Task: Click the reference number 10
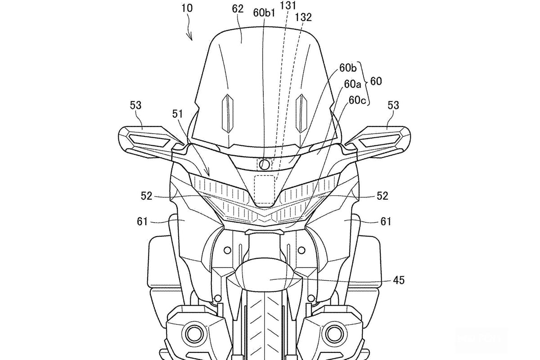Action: pos(187,9)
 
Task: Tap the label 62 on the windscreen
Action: pos(238,9)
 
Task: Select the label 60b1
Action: pos(264,13)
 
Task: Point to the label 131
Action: pos(288,5)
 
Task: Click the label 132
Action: pos(303,17)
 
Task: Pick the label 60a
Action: pos(352,84)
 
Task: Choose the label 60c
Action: pos(357,100)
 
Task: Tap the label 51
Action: pos(177,114)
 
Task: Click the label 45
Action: pos(399,280)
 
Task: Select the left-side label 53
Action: pos(136,105)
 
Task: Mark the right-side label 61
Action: pos(386,221)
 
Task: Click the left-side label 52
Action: pos(147,196)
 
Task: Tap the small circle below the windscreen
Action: pos(265,164)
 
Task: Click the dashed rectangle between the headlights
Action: pos(265,190)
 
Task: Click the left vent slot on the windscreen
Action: pos(228,113)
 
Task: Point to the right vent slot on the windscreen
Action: pos(301,113)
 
